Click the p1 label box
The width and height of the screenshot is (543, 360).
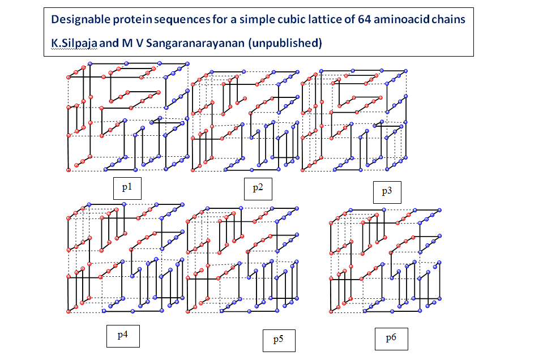127,187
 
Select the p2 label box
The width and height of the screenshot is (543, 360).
258,188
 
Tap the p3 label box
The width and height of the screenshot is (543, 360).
387,191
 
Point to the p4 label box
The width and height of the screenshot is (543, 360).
122,335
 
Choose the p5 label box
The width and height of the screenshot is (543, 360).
278,340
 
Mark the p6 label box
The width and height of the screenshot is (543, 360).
391,338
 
